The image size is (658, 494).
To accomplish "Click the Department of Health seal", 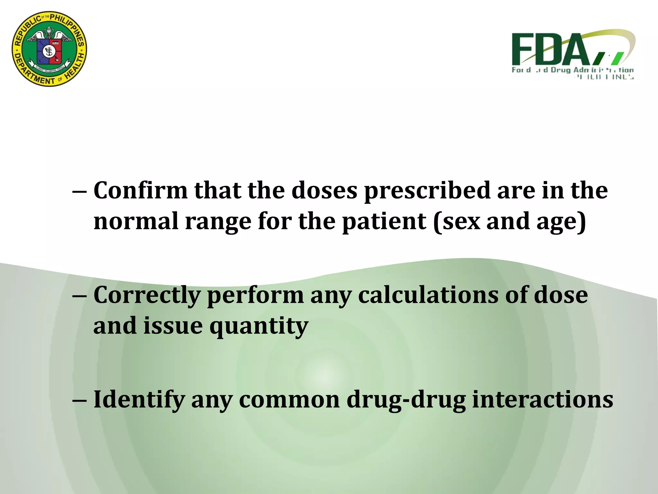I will tap(49, 49).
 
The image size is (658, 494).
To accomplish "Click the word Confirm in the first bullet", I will tap(140, 190).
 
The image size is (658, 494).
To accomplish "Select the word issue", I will tap(173, 325).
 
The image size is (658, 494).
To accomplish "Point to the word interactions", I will tap(543, 399).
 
